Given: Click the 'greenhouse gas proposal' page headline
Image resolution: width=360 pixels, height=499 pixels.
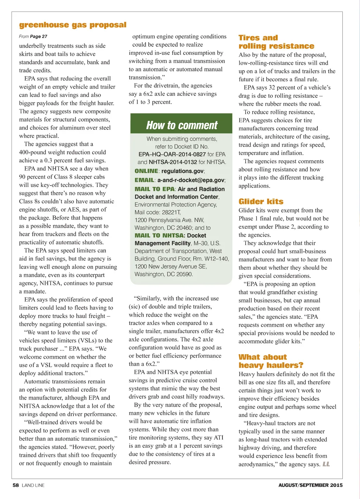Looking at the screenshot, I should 73,25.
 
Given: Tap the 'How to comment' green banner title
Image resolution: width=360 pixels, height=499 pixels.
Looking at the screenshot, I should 182,125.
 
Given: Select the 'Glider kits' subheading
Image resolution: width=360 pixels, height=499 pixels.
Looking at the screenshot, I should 261,201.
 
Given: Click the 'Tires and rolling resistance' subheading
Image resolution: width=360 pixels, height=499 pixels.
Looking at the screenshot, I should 276,42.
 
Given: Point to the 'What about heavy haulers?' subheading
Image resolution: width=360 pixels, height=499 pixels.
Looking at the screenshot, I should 271,361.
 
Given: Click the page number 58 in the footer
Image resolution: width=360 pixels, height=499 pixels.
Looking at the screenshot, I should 15,485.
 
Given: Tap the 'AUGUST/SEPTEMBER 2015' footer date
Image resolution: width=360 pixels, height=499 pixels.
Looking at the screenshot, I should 310,485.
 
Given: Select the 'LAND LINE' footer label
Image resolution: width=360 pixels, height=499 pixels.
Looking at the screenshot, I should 33,485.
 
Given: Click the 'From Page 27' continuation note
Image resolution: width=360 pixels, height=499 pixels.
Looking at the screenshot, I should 33,37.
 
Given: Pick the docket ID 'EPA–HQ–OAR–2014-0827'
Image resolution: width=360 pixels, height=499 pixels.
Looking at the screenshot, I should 172,154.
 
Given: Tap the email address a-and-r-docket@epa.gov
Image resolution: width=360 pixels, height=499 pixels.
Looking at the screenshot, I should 191,180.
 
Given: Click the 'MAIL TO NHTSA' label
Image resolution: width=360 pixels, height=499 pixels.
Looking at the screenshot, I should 159,235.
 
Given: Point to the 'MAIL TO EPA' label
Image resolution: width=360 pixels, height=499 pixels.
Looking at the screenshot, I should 155,189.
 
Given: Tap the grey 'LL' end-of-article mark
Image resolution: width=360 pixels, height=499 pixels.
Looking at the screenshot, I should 326,464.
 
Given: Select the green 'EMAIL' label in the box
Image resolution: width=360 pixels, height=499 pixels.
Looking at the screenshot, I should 144,180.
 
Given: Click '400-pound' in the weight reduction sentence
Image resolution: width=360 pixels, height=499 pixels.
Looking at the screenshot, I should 34,152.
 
